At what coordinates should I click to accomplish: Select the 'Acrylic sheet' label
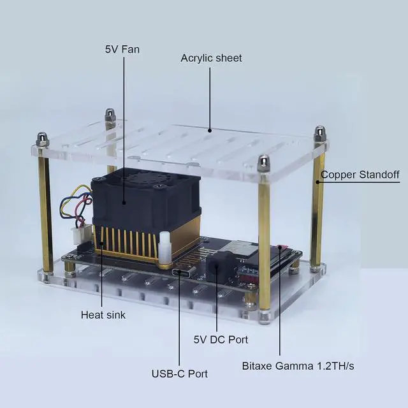click(211, 58)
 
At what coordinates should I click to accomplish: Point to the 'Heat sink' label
click(103, 314)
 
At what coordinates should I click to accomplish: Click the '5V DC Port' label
click(220, 340)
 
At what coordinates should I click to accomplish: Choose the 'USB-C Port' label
click(179, 374)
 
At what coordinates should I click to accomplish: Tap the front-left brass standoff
click(45, 210)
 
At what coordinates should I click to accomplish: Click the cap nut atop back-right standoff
click(319, 134)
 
